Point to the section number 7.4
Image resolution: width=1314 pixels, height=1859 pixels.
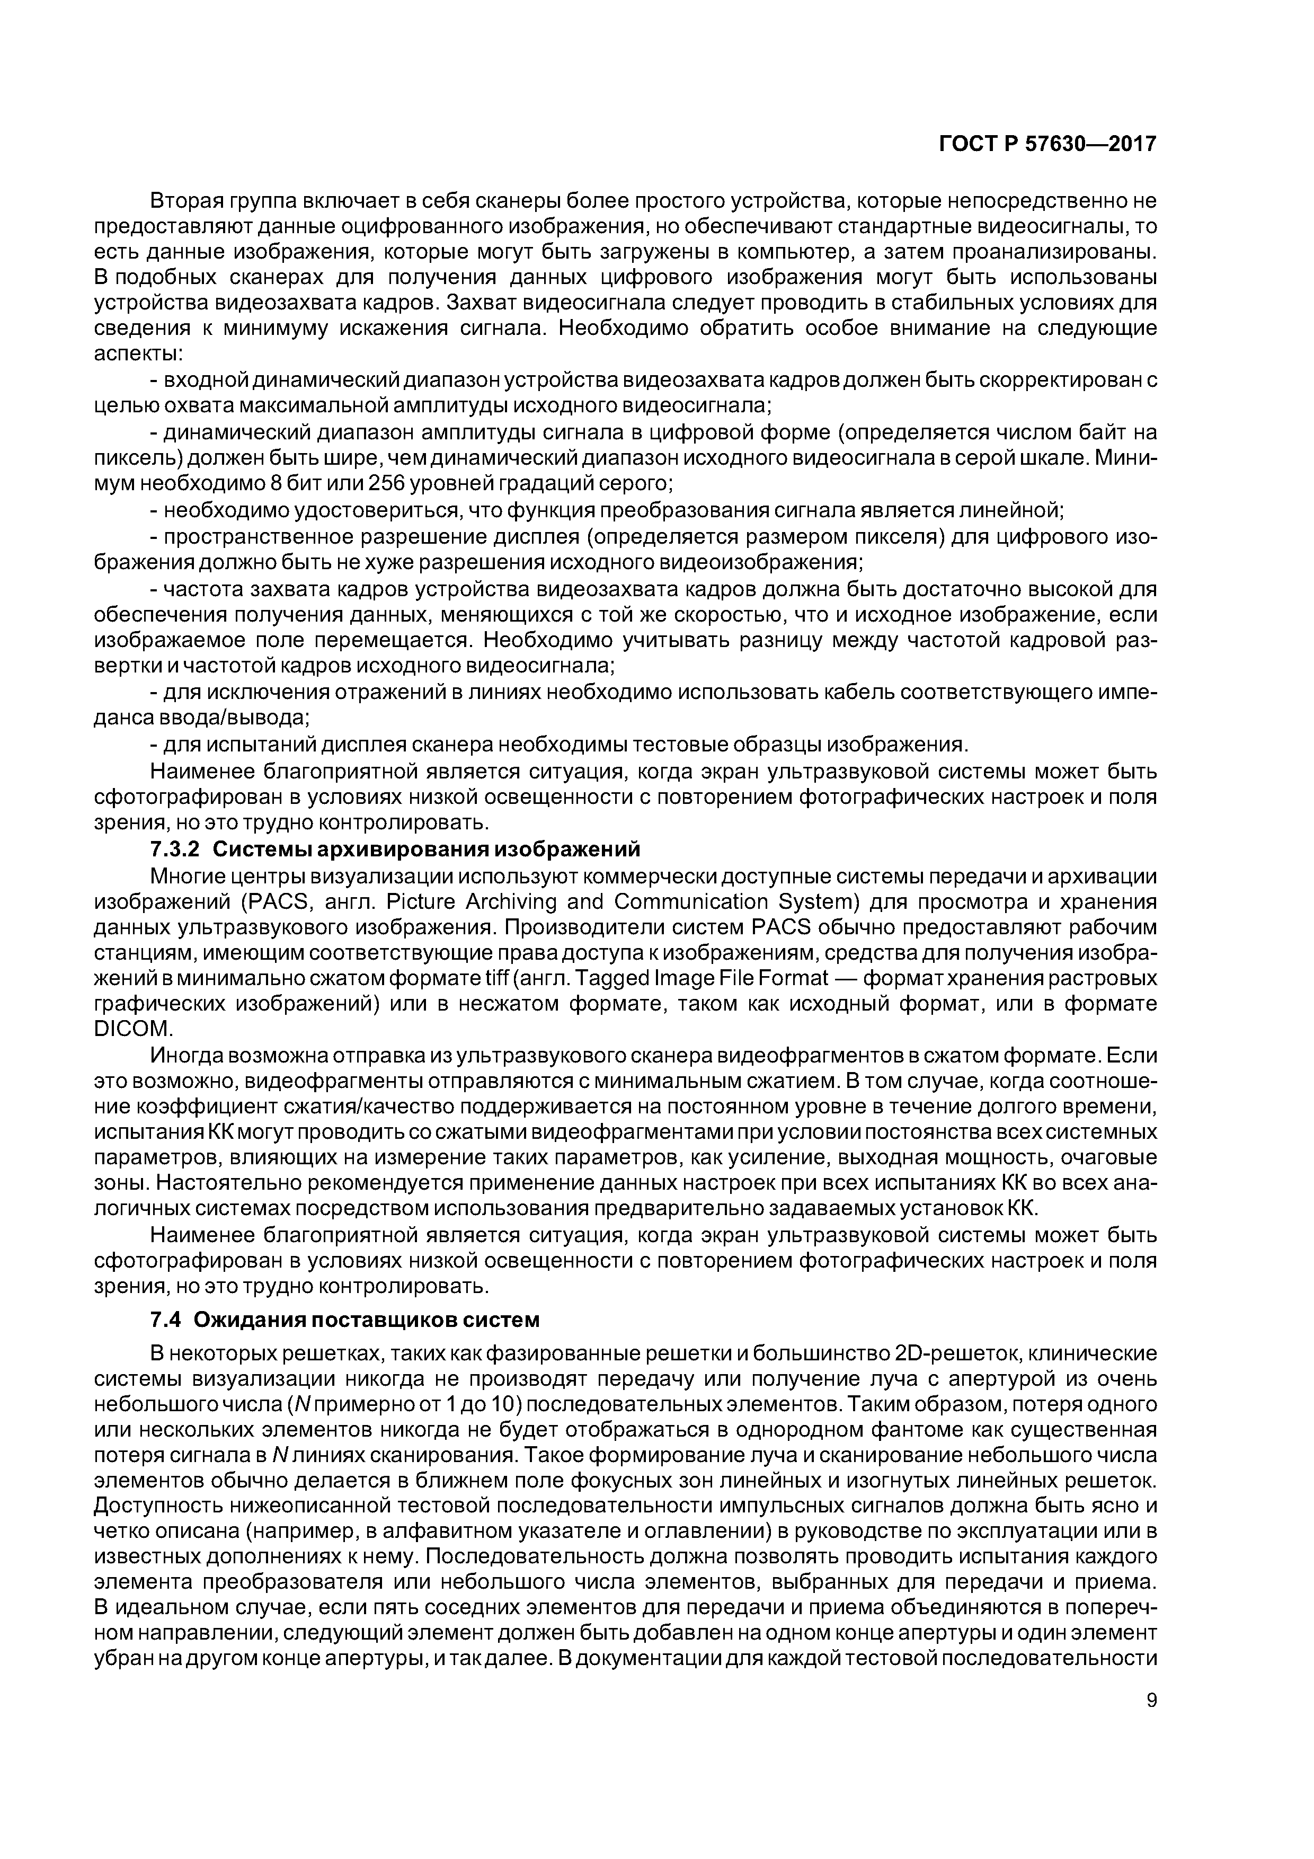point(165,1321)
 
